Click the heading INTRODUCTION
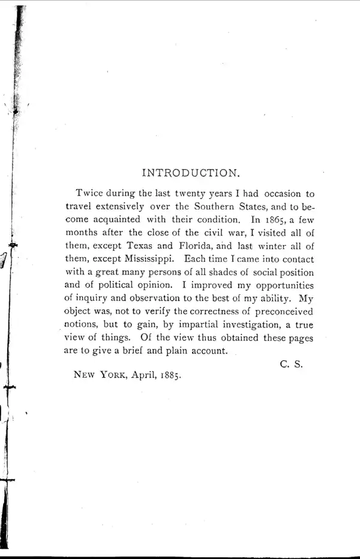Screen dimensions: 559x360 (191, 173)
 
